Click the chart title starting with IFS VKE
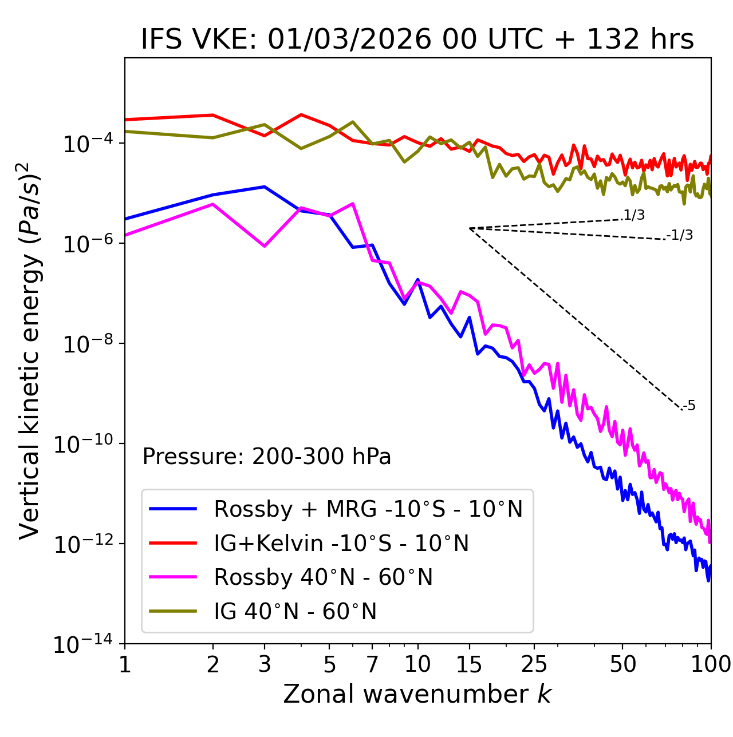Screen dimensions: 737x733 coord(417,40)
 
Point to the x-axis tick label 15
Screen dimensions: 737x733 coord(469,664)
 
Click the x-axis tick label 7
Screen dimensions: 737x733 coord(372,664)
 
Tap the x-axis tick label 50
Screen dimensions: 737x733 coord(622,664)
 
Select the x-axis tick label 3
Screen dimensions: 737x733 coord(265,664)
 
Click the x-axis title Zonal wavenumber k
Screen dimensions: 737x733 coord(417,694)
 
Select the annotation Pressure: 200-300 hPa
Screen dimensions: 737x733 coord(266,457)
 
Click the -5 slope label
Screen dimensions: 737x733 coord(689,406)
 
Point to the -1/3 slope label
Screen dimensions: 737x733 coord(680,235)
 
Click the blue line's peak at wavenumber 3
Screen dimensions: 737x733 coord(265,187)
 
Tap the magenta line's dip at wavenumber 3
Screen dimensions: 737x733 coord(265,246)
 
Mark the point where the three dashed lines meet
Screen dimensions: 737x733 coord(469,228)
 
